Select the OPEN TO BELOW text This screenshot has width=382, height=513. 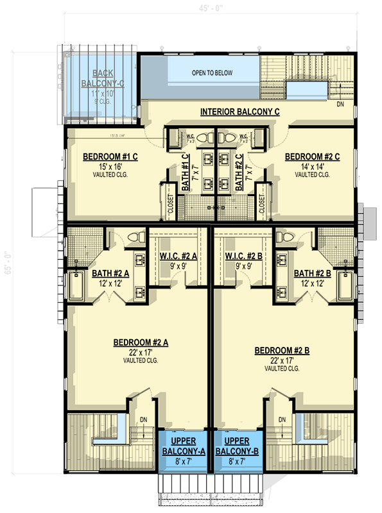click(212, 73)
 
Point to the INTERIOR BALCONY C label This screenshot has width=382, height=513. click(239, 112)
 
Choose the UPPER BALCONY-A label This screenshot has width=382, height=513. click(182, 446)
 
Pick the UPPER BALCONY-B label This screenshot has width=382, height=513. click(237, 446)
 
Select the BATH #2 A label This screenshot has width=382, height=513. click(110, 273)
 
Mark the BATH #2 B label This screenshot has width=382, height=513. click(313, 273)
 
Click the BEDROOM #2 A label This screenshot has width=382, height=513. click(141, 342)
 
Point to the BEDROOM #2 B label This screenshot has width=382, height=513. click(282, 350)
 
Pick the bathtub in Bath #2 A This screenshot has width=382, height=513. click(76, 285)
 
